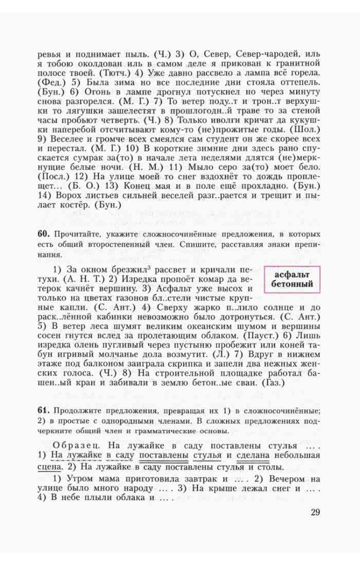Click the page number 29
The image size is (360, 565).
pyautogui.click(x=315, y=512)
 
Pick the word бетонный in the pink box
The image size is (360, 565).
pyautogui.click(x=292, y=284)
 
